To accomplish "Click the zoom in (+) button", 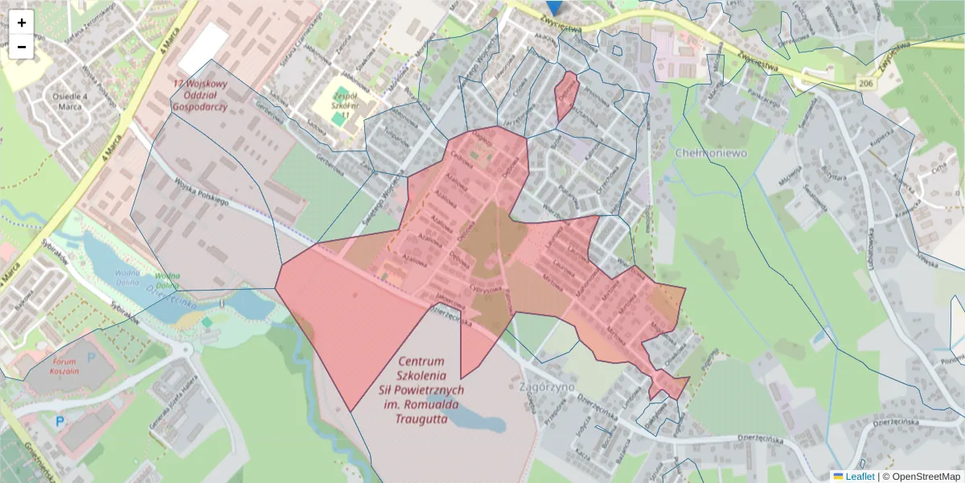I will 22,23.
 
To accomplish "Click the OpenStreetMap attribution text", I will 921,477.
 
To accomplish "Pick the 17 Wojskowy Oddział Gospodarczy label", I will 200,94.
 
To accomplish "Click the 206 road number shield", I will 864,84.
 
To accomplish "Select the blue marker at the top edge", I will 552,6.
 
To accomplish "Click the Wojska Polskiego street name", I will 200,195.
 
